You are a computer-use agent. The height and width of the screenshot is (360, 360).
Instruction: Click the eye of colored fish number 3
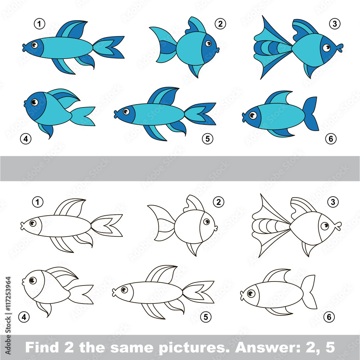(x=326, y=48)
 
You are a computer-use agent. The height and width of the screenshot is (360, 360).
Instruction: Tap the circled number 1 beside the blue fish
(x=39, y=24)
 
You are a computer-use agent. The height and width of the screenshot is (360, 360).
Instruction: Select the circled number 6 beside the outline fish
(x=329, y=317)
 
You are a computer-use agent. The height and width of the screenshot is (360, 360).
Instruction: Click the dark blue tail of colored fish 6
(x=311, y=114)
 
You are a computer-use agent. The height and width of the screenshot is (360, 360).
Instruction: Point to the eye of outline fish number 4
(x=33, y=280)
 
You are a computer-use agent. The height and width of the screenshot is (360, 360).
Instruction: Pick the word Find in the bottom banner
(x=42, y=347)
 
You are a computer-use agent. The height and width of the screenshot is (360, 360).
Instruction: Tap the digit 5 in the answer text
(x=330, y=347)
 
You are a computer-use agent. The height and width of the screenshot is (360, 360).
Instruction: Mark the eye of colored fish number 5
(x=126, y=112)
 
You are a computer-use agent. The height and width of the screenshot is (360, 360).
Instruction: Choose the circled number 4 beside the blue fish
(x=26, y=139)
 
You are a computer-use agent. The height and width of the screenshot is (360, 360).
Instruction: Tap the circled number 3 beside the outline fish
(x=333, y=202)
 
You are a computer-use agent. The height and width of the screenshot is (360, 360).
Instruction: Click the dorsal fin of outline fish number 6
(x=277, y=275)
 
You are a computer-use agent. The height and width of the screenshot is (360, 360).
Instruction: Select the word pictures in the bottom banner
(x=193, y=348)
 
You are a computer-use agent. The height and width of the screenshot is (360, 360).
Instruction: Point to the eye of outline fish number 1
(x=33, y=223)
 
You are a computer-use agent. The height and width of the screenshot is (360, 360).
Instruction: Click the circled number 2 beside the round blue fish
(x=220, y=24)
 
